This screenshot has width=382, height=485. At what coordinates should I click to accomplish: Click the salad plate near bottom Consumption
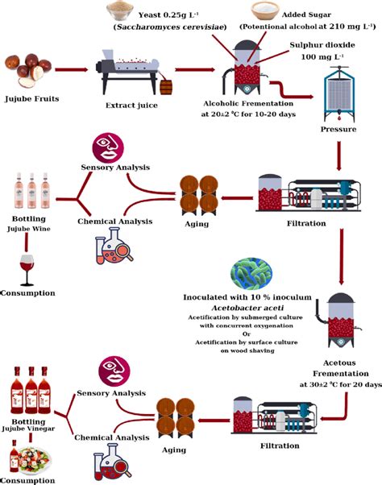click(x=36, y=458)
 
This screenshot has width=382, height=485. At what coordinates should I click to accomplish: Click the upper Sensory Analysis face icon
click(x=111, y=147)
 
